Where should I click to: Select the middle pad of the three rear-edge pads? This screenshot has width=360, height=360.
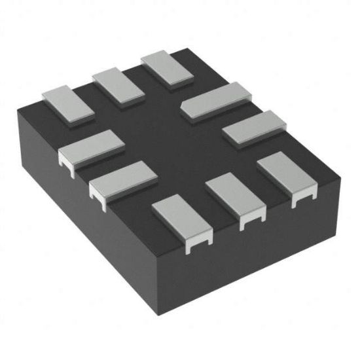(x=118, y=86)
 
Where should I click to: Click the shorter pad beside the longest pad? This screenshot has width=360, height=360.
(x=255, y=128)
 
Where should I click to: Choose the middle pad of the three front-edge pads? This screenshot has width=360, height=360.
(x=236, y=199)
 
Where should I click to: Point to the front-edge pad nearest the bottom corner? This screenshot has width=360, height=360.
(x=182, y=222)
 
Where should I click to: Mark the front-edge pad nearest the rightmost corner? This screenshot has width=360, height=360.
(x=285, y=175)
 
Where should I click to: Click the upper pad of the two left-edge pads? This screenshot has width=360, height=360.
(x=91, y=146)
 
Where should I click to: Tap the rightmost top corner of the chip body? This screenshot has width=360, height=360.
(x=340, y=177)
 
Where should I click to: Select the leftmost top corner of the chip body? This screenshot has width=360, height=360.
(x=18, y=114)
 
